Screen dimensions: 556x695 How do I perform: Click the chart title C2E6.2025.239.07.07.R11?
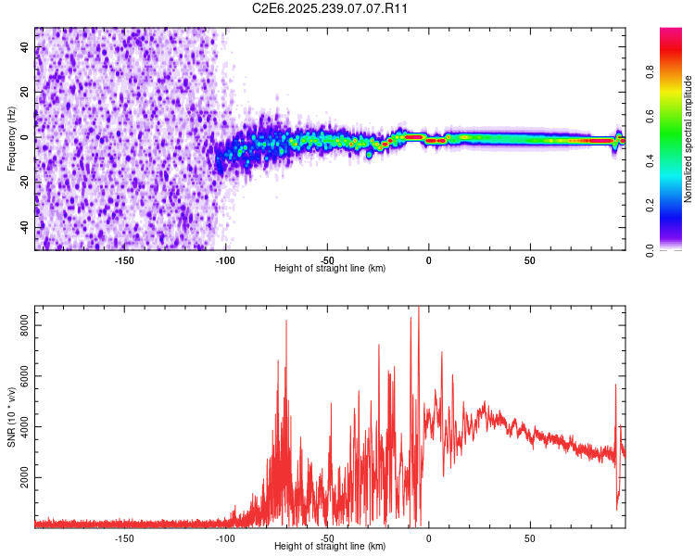[331, 8]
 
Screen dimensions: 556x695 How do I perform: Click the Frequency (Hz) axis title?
[11, 139]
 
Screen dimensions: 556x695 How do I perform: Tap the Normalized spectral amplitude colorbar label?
[689, 139]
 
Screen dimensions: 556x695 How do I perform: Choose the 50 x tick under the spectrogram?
[530, 260]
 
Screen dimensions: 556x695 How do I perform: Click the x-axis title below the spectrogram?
[330, 269]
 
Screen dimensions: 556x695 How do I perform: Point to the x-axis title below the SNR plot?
[330, 547]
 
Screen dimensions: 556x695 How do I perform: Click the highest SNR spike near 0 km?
[419, 309]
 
